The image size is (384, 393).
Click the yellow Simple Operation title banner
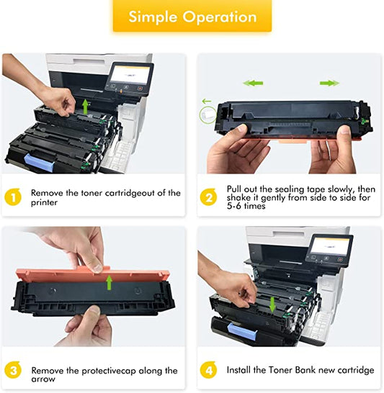pos(191,17)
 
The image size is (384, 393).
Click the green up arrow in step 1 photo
pos(84,107)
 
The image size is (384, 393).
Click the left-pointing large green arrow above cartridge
pos(252,83)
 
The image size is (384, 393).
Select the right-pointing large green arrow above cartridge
pos(329,83)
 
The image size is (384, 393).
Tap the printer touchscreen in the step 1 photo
pos(129,76)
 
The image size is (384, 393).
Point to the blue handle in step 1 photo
pos(42,156)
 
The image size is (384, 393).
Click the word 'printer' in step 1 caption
pos(45,203)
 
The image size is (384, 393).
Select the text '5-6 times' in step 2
pos(246,206)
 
